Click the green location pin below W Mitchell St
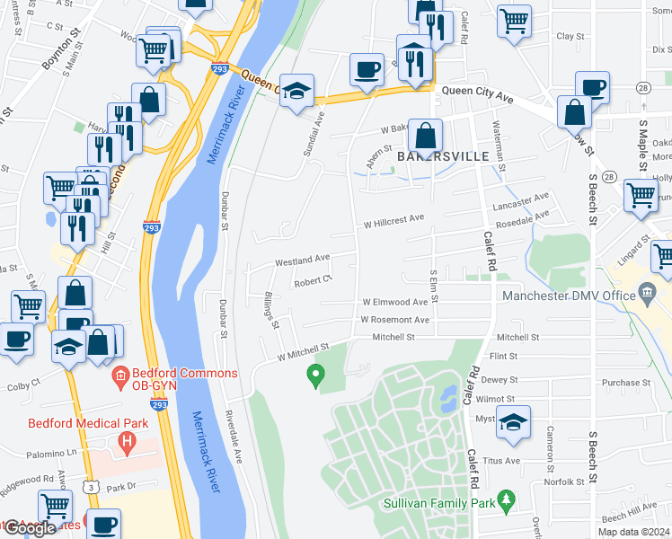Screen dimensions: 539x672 coord(314,375)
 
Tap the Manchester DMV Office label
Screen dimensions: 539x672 coord(570,296)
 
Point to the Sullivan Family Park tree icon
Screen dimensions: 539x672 coord(506,498)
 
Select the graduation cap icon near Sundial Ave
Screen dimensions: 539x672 coord(296,91)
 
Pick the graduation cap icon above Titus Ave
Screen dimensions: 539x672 coord(513,423)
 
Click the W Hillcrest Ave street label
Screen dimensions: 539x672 coord(394,224)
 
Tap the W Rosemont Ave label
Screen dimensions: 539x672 coord(394,320)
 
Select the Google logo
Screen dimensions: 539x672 coord(30,528)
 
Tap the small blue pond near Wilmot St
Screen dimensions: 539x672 coord(447,396)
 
